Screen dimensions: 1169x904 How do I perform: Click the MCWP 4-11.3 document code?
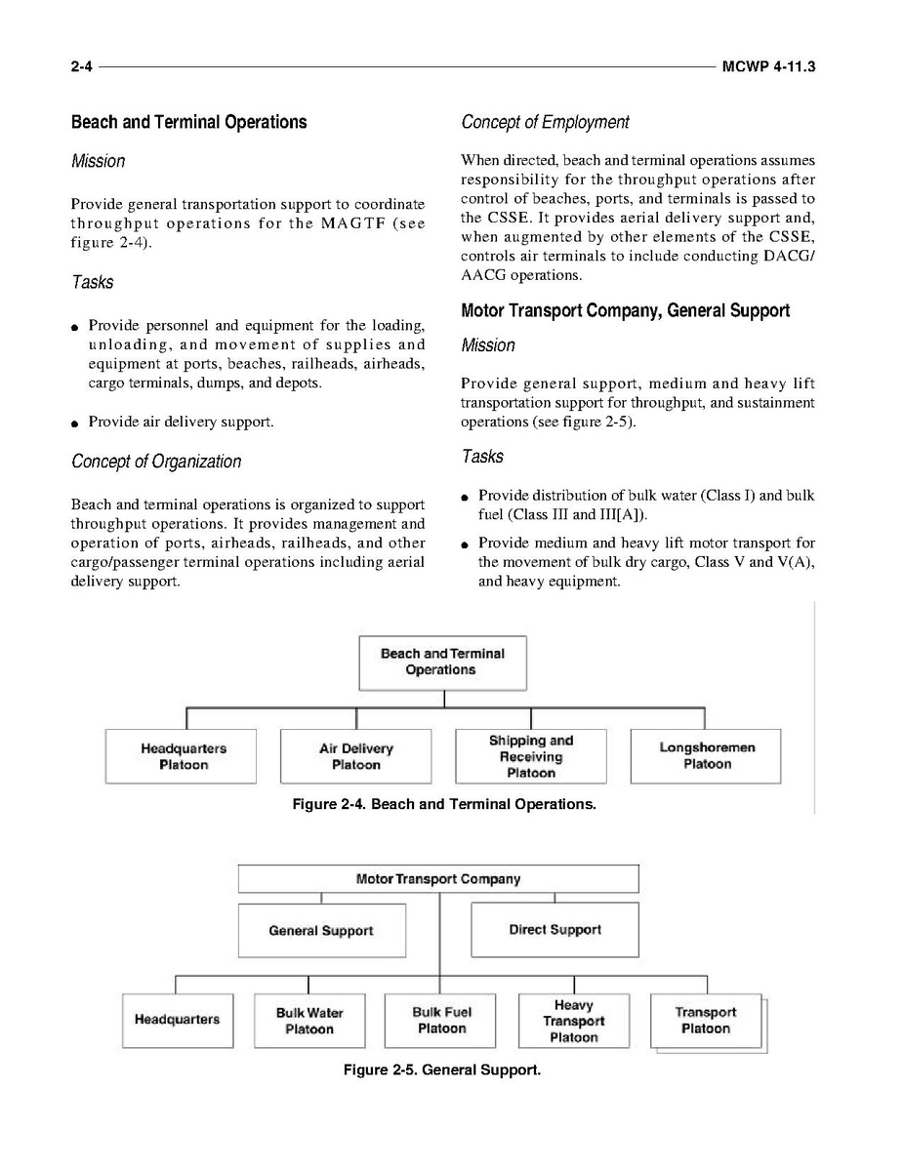769,67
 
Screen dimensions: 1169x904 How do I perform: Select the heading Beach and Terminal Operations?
188,122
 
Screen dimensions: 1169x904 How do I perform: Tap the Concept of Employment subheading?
545,122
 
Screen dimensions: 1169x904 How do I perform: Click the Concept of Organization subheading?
156,461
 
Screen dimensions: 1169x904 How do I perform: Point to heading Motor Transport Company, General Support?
625,310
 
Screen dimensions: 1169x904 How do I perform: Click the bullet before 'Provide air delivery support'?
75,423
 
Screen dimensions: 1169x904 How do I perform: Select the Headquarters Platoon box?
182,756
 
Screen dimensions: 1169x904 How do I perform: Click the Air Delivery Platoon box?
355,756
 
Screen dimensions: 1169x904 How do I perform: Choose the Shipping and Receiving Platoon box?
530,756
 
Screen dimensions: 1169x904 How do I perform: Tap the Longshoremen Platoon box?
706,756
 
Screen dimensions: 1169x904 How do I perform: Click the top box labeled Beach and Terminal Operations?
442,663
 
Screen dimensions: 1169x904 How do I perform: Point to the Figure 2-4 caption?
444,805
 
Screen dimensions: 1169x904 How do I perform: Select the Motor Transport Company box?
438,878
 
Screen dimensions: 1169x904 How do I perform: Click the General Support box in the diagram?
321,930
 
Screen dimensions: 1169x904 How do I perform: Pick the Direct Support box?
555,930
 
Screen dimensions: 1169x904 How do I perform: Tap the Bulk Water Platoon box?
308,1021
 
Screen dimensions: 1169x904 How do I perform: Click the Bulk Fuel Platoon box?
441,1021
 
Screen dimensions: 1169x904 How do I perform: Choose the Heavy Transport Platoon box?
573,1021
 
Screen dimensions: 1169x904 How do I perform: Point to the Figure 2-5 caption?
441,1070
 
